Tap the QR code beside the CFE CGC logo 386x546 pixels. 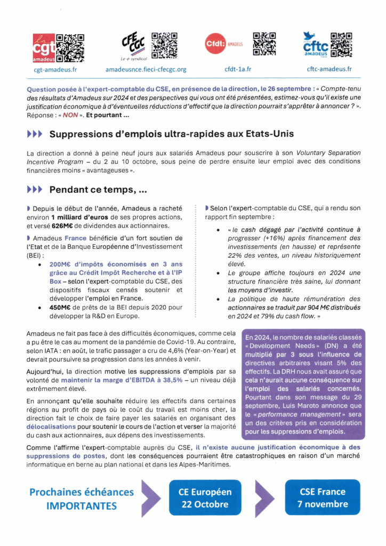coord(164,45)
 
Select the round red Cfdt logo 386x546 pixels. coord(216,44)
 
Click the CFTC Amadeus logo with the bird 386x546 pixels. coord(316,45)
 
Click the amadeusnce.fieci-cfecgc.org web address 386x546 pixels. coord(146,69)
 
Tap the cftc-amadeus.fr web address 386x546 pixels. coord(329,69)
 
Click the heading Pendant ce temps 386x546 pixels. coord(99,189)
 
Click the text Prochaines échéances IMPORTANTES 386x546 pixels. coord(82,498)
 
